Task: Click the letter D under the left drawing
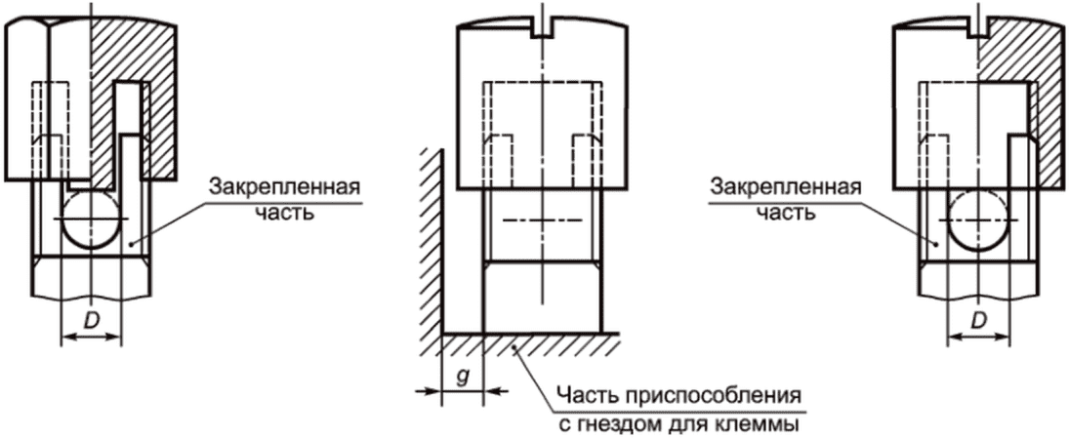(91, 319)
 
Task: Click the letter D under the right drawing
(979, 319)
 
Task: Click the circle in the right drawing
(979, 219)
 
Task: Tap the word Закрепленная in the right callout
(786, 186)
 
